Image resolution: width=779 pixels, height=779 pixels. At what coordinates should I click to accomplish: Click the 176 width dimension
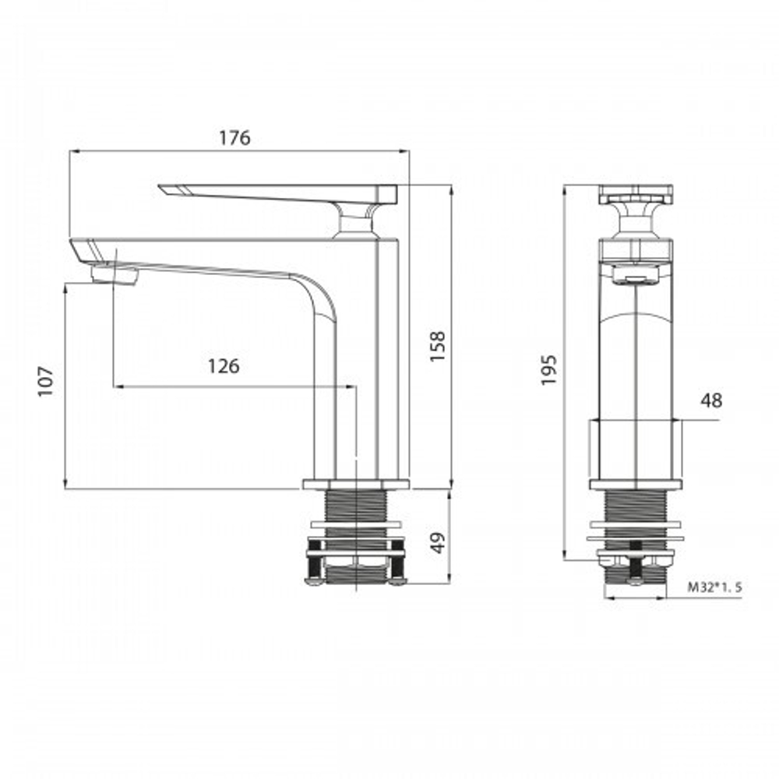point(234,139)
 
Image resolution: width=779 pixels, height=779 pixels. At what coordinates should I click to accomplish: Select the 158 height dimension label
point(438,347)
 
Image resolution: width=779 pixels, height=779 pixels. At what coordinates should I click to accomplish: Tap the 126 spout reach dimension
point(223,365)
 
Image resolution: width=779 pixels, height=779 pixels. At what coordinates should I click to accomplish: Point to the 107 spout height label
point(46,381)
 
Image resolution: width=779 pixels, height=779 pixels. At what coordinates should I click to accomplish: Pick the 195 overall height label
point(549,369)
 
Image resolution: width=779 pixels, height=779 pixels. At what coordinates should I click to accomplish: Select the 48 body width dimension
point(711,400)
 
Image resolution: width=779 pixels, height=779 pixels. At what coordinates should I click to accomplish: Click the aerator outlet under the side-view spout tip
point(114,274)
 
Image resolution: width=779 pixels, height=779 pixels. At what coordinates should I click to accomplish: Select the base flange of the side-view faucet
point(355,484)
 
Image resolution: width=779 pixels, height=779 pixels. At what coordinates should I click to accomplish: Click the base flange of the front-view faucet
point(636,485)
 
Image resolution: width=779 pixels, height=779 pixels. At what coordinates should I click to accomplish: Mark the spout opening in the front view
point(636,277)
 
